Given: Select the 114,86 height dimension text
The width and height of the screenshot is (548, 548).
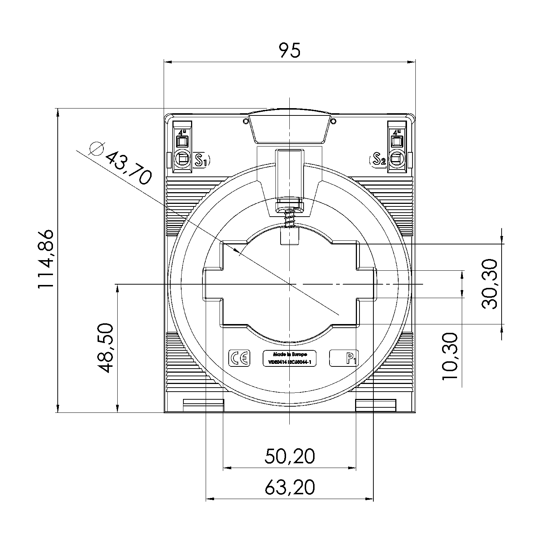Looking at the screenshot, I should click(46, 259).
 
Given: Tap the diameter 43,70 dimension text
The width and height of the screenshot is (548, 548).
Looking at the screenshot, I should click(128, 168).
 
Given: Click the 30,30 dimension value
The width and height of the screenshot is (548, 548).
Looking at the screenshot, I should click(490, 284).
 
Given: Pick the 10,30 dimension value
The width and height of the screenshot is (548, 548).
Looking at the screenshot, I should click(450, 356).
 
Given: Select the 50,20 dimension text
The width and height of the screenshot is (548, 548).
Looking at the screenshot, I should click(289, 456).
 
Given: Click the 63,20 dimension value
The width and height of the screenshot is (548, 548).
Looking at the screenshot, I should click(289, 487).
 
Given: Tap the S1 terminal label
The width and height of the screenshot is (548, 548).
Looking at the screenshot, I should click(202, 160).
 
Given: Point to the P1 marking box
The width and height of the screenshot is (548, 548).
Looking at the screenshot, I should click(344, 358).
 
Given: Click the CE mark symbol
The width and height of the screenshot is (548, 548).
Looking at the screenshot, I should click(239, 358).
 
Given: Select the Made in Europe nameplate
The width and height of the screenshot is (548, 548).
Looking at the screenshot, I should click(290, 358).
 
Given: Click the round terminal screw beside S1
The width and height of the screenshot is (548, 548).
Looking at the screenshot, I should click(182, 159).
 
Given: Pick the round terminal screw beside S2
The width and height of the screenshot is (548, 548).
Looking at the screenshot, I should click(397, 159).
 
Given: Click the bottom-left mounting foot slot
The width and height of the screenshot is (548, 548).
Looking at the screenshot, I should click(203, 405).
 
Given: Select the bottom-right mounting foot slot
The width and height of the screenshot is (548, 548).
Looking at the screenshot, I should click(376, 405).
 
